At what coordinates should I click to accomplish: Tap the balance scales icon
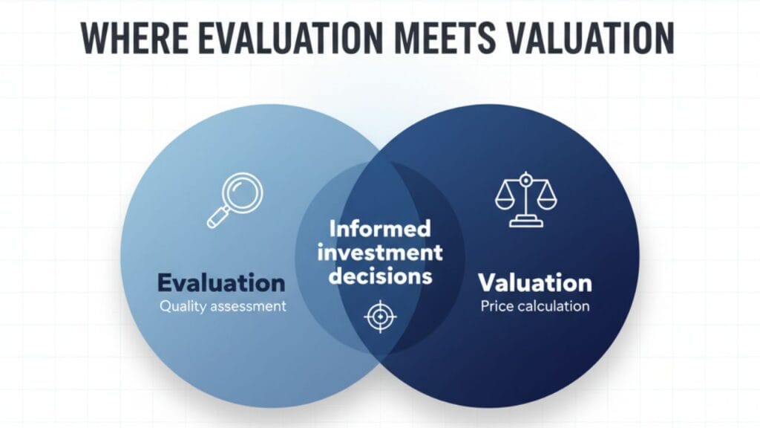point(525,199)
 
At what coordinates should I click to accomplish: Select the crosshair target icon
point(380,317)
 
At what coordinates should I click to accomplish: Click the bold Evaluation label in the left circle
point(221,282)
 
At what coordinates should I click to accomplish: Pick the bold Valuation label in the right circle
point(534,282)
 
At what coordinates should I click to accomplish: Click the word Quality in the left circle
point(182,305)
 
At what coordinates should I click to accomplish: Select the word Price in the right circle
point(496,305)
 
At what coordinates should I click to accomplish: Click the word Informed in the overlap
point(379,227)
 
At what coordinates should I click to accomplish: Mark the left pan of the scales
point(505,201)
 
